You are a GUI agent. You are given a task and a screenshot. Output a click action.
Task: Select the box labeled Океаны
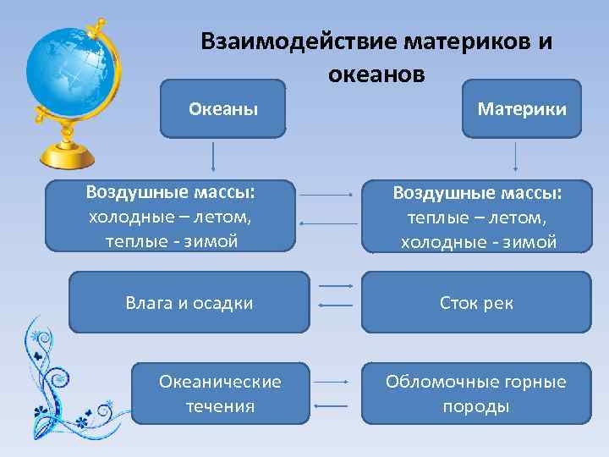[223, 108]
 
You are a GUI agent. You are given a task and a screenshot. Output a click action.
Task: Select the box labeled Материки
[522, 108]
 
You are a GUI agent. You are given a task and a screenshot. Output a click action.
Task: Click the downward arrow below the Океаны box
[212, 157]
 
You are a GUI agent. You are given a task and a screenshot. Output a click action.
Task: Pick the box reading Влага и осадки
[189, 302]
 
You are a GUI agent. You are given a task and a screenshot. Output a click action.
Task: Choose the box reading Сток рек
[476, 302]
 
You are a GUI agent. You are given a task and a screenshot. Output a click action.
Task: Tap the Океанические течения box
[220, 394]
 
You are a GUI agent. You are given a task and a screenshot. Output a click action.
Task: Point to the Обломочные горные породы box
[476, 394]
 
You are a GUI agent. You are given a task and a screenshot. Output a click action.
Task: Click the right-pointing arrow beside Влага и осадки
[336, 287]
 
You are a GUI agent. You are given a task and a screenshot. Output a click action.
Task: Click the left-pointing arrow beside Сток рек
[335, 305]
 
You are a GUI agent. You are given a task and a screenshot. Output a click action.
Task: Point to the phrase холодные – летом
[170, 217]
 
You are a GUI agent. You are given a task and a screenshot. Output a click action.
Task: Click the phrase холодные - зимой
[478, 243]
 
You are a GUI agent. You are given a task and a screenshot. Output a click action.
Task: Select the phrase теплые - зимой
[172, 241]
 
